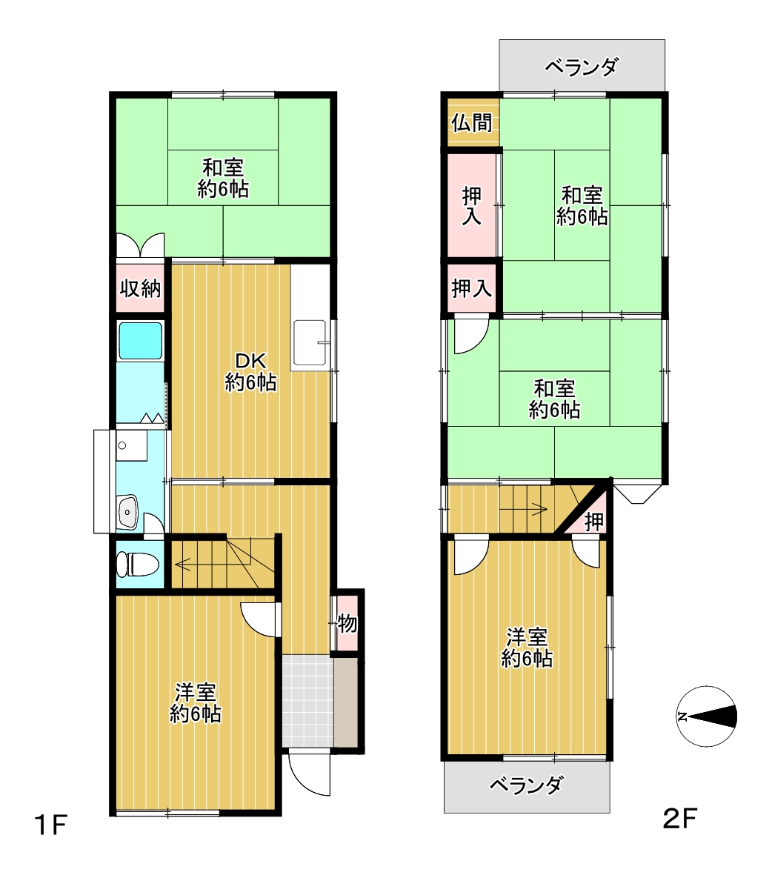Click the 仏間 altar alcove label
[472, 123]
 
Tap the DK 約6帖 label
[250, 372]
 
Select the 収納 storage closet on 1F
[140, 288]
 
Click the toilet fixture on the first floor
[137, 564]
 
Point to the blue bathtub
[140, 340]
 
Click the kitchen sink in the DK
[310, 343]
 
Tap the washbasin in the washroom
[128, 511]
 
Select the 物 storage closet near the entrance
[347, 623]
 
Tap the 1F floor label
[51, 825]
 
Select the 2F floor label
[680, 819]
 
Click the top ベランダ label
[582, 67]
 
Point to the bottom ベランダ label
[526, 785]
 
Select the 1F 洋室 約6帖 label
[196, 703]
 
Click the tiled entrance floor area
[307, 700]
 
